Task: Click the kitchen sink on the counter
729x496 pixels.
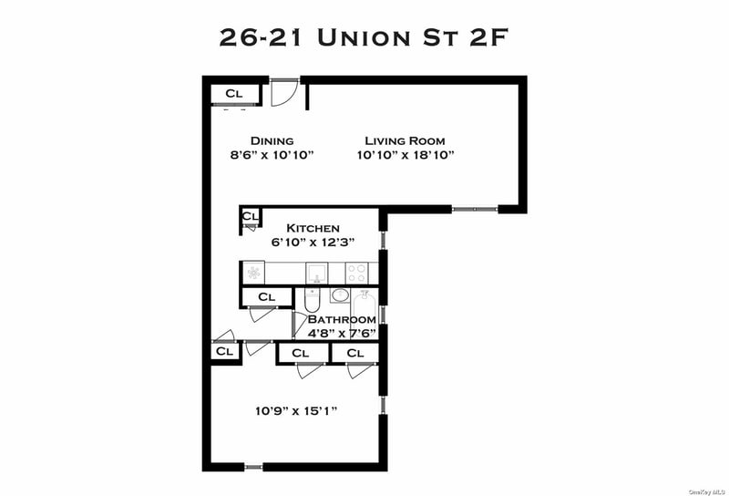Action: click(x=316, y=274)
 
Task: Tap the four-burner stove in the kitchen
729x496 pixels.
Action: click(x=356, y=274)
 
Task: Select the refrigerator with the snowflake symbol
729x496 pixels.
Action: click(x=254, y=273)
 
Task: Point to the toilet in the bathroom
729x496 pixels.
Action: click(x=312, y=300)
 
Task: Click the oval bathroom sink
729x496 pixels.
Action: click(x=340, y=295)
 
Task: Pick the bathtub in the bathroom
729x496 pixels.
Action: click(x=365, y=306)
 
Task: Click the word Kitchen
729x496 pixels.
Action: click(x=313, y=228)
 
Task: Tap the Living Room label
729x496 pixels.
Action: click(x=405, y=140)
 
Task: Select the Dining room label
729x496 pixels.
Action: click(x=272, y=140)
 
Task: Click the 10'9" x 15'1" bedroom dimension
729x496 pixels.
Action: click(x=296, y=411)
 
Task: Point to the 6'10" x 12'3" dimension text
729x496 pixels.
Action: click(x=313, y=242)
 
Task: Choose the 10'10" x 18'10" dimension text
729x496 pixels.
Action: click(x=405, y=154)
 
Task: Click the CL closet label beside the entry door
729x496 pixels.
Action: click(x=234, y=93)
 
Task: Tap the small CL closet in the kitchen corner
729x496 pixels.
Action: click(x=250, y=216)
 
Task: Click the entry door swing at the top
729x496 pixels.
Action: click(x=283, y=93)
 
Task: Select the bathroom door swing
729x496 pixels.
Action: click(x=299, y=325)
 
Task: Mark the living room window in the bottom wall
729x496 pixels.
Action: click(x=475, y=210)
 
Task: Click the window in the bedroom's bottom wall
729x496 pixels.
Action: click(x=253, y=467)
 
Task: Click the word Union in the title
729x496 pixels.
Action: click(x=364, y=37)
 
